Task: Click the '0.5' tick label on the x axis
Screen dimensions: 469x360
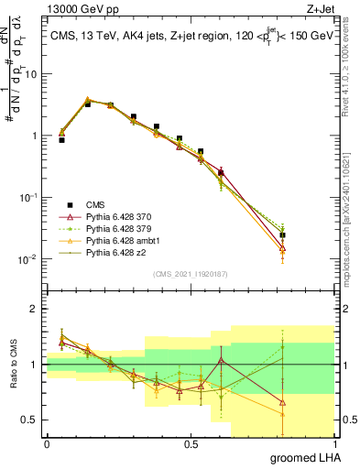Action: click(x=191, y=443)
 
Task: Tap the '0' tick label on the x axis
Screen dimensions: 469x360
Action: click(x=47, y=443)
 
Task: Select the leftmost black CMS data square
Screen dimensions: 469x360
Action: click(x=61, y=140)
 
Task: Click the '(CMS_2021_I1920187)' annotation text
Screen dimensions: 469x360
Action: click(x=191, y=273)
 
